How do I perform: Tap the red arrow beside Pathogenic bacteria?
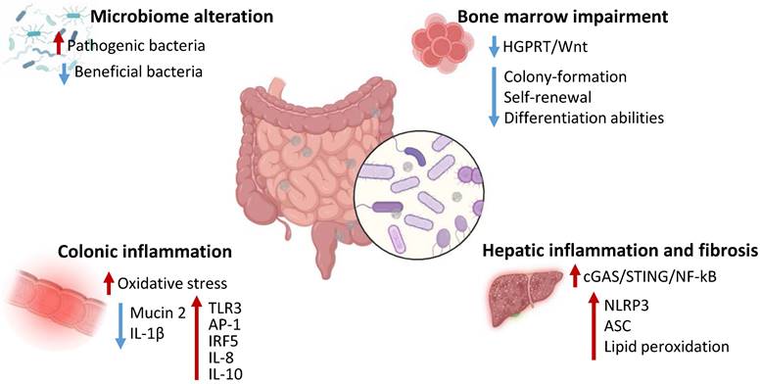(58, 44)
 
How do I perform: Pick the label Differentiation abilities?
(584, 119)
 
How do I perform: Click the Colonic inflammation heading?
(145, 252)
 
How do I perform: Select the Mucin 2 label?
(158, 313)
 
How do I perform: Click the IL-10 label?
(224, 373)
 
